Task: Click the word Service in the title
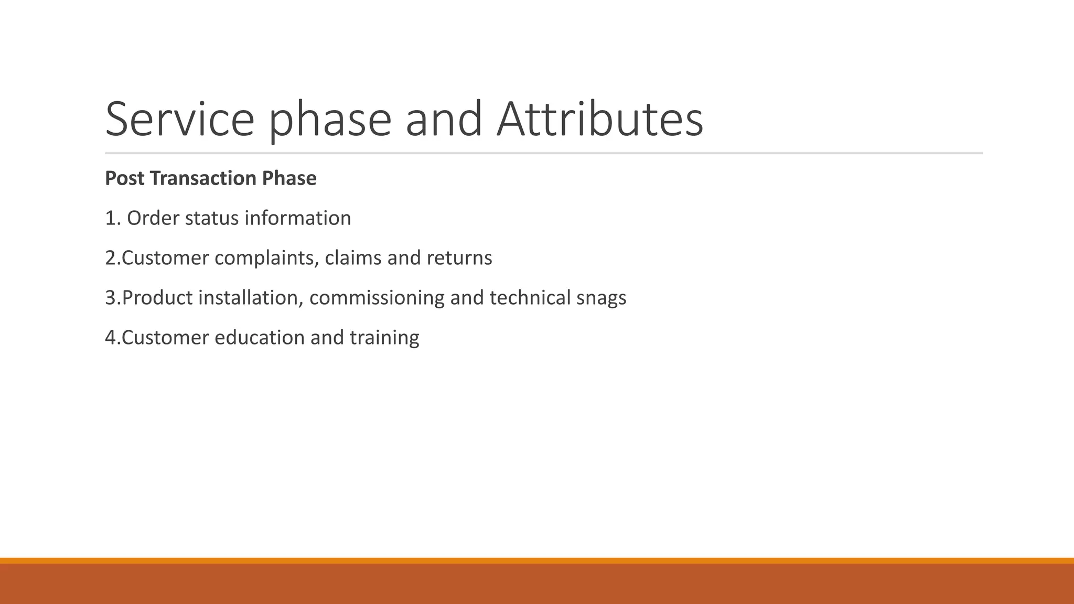pyautogui.click(x=180, y=120)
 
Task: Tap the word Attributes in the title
pyautogui.click(x=599, y=120)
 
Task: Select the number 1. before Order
pyautogui.click(x=113, y=218)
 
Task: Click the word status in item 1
pyautogui.click(x=212, y=218)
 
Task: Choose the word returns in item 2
pyautogui.click(x=459, y=258)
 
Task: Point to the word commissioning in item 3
pyautogui.click(x=377, y=298)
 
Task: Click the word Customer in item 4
pyautogui.click(x=165, y=337)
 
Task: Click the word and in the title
pyautogui.click(x=444, y=120)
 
